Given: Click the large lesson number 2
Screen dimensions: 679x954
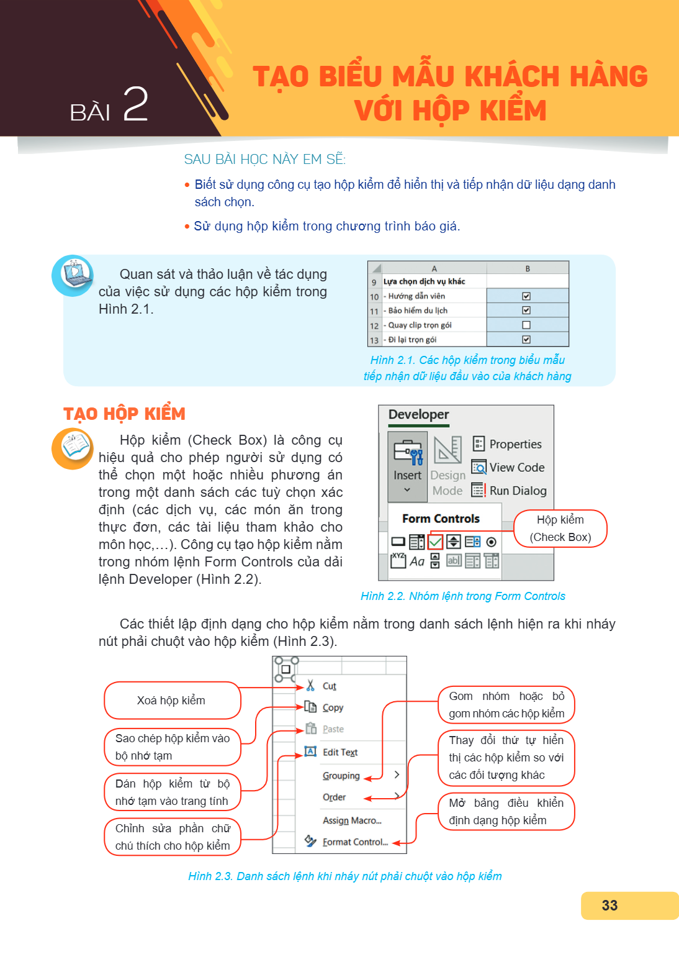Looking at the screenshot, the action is point(135,104).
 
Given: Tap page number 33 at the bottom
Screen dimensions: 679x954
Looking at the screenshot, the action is point(609,905).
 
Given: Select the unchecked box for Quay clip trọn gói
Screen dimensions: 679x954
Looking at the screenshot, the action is point(526,325).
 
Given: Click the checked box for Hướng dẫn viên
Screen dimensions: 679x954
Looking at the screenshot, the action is point(526,296).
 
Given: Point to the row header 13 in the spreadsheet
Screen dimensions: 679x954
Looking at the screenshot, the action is point(374,340).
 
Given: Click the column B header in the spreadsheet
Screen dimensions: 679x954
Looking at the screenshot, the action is point(528,268).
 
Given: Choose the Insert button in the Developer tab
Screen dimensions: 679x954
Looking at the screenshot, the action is point(407,466).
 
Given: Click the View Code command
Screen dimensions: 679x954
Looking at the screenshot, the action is point(508,467).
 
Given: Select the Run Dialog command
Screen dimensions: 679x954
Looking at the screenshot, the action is point(509,491).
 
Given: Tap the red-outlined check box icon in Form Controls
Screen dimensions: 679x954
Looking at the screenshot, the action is point(435,542).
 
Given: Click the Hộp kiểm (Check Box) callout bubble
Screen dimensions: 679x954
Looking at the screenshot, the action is point(560,528).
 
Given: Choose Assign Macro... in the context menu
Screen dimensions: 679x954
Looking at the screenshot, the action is point(352,820).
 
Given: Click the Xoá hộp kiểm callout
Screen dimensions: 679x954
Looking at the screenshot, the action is point(172,700).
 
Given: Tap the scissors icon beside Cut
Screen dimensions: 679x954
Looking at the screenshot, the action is point(310,685).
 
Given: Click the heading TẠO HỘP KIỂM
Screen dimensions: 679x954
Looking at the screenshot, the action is point(124,414).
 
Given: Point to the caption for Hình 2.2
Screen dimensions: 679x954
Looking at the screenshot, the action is point(463,596).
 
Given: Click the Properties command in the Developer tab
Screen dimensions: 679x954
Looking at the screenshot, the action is point(507,444).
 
